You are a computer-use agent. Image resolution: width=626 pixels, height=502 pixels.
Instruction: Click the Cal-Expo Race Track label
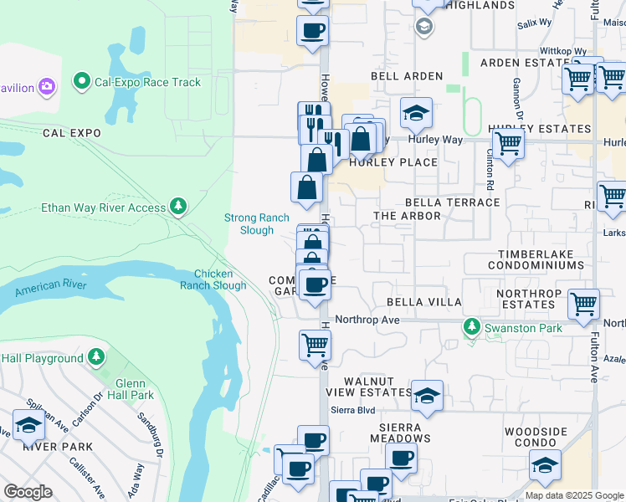pyautogui.click(x=148, y=82)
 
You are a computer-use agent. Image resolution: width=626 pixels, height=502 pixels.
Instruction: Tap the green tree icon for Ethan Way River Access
pyautogui.click(x=177, y=206)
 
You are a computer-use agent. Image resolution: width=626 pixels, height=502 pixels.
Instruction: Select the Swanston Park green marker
pyautogui.click(x=472, y=328)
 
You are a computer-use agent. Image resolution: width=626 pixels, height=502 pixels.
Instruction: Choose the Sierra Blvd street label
pyautogui.click(x=354, y=410)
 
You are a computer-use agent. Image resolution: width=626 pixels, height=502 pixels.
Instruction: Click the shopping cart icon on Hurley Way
pyautogui.click(x=508, y=144)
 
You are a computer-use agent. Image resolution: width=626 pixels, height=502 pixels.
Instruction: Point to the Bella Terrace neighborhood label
pyautogui.click(x=452, y=202)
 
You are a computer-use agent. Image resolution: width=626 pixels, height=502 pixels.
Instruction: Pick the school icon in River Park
pyautogui.click(x=28, y=425)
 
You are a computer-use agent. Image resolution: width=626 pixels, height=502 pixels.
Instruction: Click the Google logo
pyautogui.click(x=28, y=492)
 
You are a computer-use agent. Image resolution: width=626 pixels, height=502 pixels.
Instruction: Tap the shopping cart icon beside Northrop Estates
pyautogui.click(x=583, y=305)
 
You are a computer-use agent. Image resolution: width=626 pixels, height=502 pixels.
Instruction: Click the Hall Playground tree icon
pyautogui.click(x=96, y=358)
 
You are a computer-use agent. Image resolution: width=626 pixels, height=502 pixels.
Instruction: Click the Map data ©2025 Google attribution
pyautogui.click(x=574, y=495)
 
